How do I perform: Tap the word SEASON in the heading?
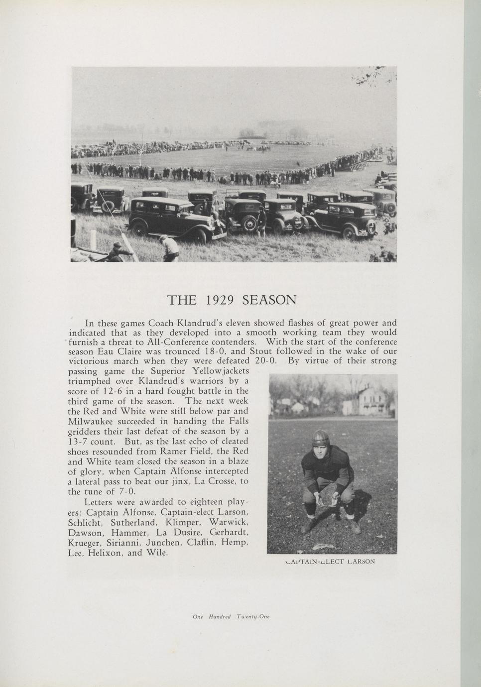point(269,300)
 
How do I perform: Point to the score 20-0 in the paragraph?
point(265,361)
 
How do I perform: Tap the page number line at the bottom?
point(231,616)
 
